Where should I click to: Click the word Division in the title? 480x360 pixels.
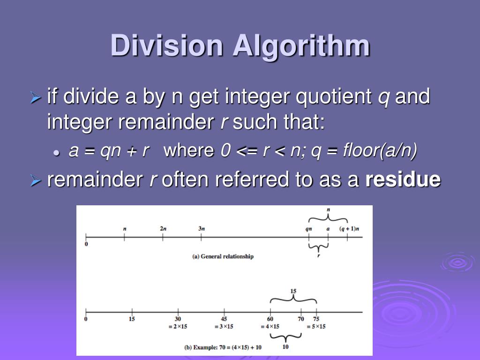[167, 46]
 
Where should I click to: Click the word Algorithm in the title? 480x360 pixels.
[301, 46]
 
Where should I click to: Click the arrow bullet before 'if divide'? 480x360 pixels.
[36, 98]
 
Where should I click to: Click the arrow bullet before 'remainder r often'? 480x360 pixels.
[36, 180]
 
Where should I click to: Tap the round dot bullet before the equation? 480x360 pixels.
[57, 152]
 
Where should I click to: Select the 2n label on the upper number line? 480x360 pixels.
[163, 228]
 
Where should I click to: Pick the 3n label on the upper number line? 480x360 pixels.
[201, 228]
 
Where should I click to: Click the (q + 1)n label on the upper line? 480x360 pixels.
[349, 228]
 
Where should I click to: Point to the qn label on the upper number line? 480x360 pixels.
[308, 228]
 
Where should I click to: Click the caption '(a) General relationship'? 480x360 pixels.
[223, 256]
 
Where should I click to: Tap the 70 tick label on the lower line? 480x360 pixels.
[301, 319]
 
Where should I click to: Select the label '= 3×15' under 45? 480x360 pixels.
[224, 326]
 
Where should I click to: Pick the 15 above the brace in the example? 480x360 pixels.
[293, 291]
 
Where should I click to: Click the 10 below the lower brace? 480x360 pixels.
[285, 347]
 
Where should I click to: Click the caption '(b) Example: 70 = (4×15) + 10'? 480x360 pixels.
[223, 347]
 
